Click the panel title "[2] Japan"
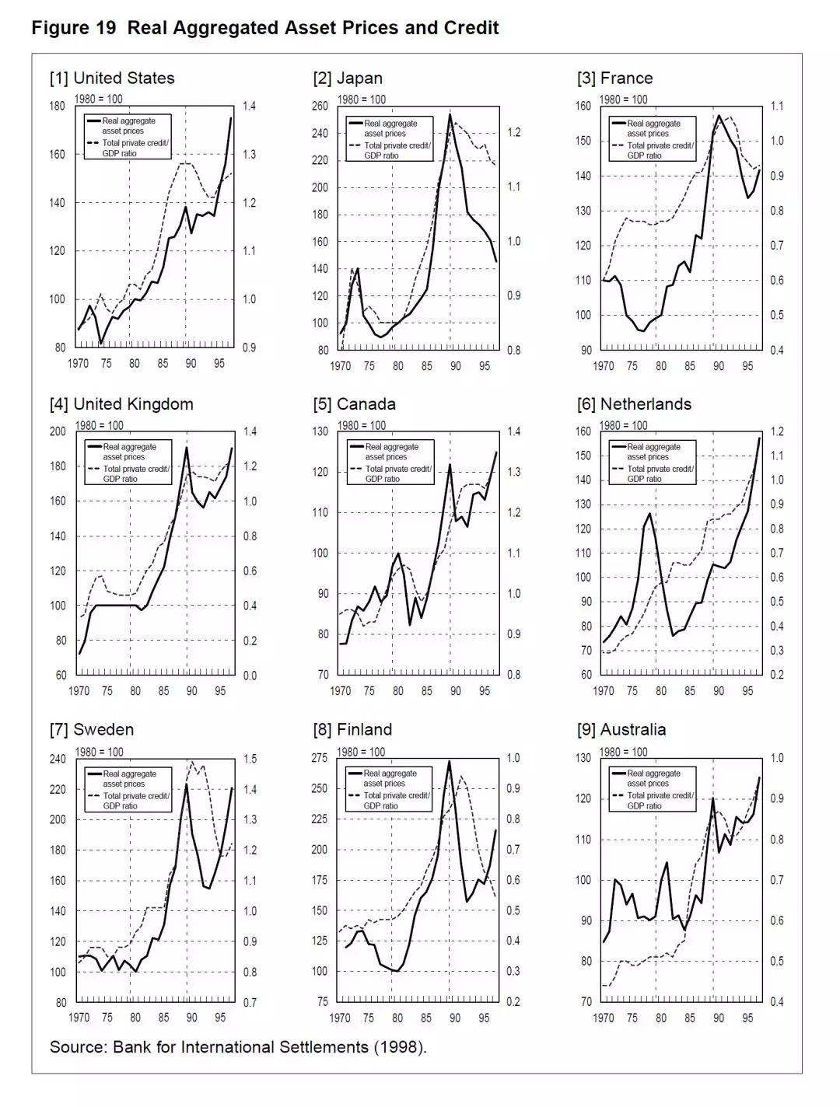[348, 79]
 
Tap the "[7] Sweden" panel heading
[92, 730]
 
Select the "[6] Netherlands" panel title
[634, 404]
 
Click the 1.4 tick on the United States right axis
[249, 107]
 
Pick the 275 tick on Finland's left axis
[320, 758]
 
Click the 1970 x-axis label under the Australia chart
[604, 1018]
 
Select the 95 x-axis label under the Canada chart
[484, 691]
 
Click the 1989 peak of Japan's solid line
[450, 114]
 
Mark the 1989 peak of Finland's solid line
[449, 761]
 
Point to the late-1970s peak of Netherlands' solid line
[650, 513]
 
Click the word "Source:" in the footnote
[79, 1047]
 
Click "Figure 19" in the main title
[74, 29]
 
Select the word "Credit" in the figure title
[471, 29]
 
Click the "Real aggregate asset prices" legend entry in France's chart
[653, 128]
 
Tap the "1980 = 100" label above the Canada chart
[362, 425]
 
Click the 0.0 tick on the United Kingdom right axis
[249, 676]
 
